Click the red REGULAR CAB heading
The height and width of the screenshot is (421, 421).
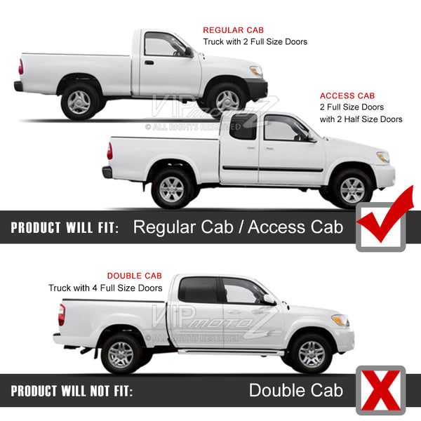(x=233, y=30)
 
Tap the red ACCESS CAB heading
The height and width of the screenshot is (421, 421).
(x=347, y=95)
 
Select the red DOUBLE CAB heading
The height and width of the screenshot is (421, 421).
(x=135, y=276)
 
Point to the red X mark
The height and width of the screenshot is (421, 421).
(x=381, y=390)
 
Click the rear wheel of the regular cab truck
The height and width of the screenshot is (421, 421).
(x=79, y=102)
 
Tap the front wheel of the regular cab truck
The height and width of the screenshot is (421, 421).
(x=227, y=100)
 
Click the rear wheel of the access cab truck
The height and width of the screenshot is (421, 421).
(x=172, y=189)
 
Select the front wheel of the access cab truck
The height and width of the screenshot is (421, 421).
(x=352, y=189)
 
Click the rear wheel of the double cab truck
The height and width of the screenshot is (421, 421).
(x=121, y=354)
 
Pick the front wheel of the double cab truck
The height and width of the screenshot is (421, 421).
(x=312, y=354)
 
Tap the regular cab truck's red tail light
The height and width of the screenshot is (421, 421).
(x=21, y=67)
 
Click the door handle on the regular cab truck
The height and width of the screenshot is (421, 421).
(x=149, y=63)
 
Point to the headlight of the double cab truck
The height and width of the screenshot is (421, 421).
(x=340, y=320)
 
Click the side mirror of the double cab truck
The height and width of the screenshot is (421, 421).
(x=269, y=299)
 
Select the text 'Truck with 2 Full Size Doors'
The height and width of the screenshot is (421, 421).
(x=255, y=42)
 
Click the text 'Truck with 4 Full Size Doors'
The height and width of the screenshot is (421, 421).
(x=105, y=288)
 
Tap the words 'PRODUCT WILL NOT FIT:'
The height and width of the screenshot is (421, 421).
(x=72, y=391)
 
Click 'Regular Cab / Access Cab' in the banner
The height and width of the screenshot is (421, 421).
(x=238, y=227)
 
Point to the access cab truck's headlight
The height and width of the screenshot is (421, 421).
(x=383, y=156)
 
